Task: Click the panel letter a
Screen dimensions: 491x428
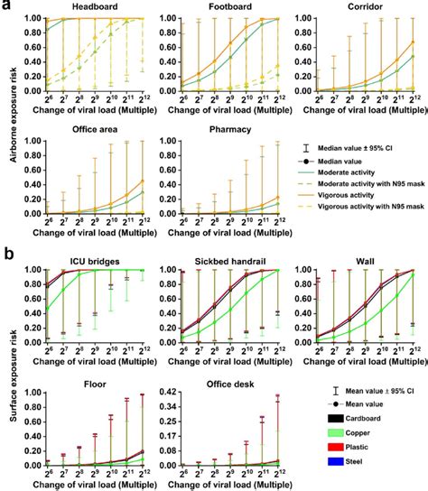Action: (x=6, y=6)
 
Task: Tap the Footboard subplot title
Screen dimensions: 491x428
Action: (x=222, y=8)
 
